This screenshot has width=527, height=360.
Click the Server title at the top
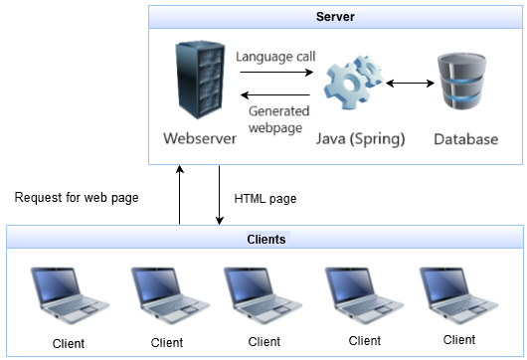click(x=335, y=18)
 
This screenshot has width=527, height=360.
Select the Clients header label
click(x=265, y=240)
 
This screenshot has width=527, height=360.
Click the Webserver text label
click(x=200, y=138)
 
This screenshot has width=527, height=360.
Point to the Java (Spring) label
click(x=360, y=139)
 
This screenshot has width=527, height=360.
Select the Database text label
click(x=465, y=139)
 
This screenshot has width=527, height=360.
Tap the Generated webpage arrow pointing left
click(x=276, y=94)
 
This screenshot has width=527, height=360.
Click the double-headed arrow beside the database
click(x=410, y=84)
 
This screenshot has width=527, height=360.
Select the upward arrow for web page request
click(x=180, y=195)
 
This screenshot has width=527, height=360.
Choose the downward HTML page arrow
click(x=219, y=195)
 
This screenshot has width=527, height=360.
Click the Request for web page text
click(x=77, y=197)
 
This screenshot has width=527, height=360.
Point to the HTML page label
click(x=264, y=198)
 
